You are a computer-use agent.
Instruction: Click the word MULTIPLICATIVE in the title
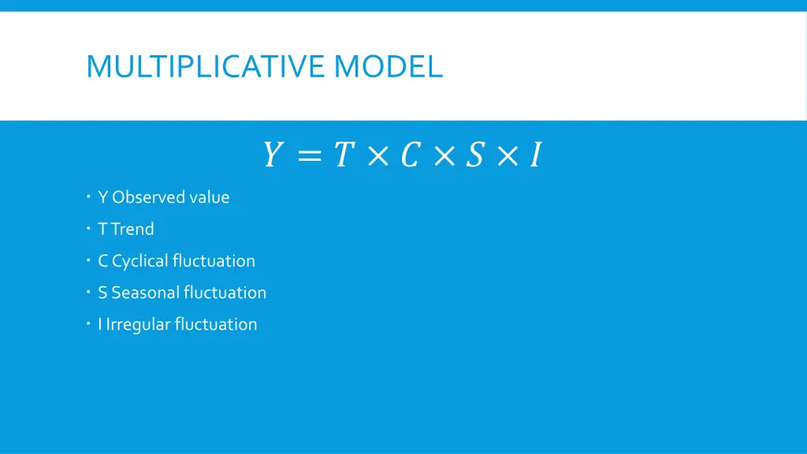tap(206, 66)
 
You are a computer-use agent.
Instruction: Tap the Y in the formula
tap(272, 155)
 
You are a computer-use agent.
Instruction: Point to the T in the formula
tap(341, 155)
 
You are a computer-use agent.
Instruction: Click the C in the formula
tap(409, 155)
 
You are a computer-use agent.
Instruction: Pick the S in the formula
tap(474, 155)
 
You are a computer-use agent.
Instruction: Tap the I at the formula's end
tap(535, 155)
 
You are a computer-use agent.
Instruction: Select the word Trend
tap(132, 229)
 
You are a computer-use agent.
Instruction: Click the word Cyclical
tap(140, 261)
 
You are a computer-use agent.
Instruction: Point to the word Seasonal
tap(145, 292)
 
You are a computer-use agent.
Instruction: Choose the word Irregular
tap(138, 325)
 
